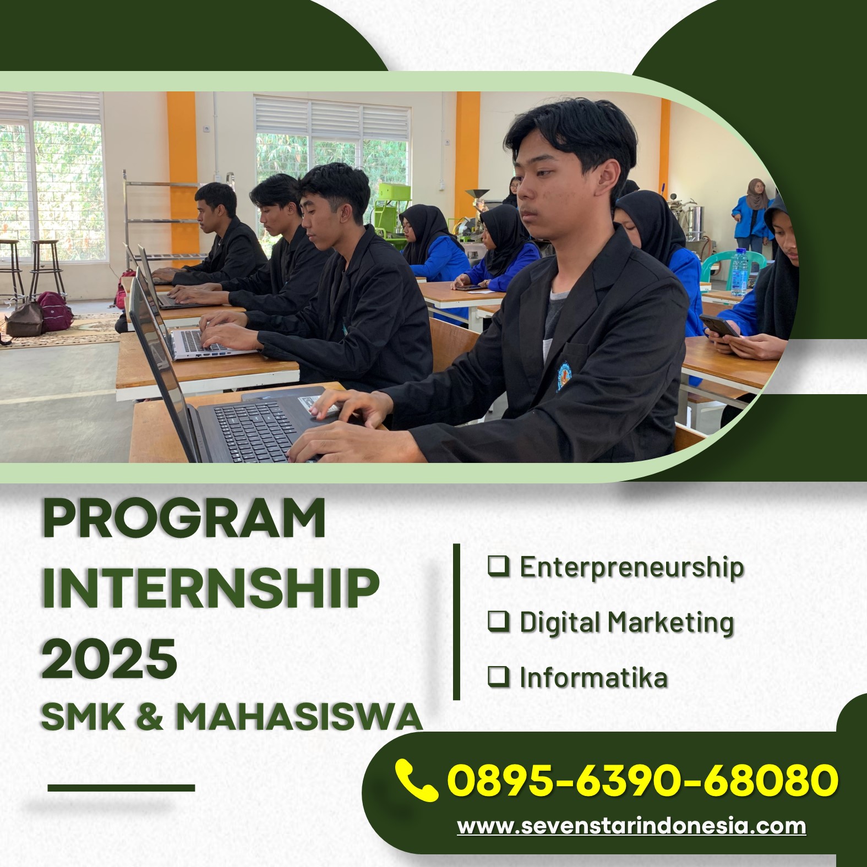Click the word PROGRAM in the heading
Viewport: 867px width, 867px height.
click(x=184, y=519)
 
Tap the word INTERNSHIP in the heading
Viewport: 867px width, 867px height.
click(x=211, y=588)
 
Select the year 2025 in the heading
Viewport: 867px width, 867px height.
click(x=110, y=658)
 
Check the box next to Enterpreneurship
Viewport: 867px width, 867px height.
click(x=498, y=566)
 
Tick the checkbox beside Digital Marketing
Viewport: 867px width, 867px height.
click(x=498, y=621)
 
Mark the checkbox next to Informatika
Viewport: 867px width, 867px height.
click(x=498, y=676)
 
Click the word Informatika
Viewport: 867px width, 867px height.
click(x=593, y=677)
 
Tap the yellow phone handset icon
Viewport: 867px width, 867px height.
click(x=416, y=779)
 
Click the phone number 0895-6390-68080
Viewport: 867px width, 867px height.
click(x=643, y=780)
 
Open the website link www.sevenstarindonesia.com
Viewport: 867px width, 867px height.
click(x=631, y=826)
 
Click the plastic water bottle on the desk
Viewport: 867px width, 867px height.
click(x=740, y=272)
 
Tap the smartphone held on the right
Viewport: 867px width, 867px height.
click(x=719, y=326)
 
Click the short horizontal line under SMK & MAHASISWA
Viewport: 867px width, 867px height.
click(x=121, y=788)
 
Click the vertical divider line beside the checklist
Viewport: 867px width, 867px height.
click(x=456, y=622)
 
